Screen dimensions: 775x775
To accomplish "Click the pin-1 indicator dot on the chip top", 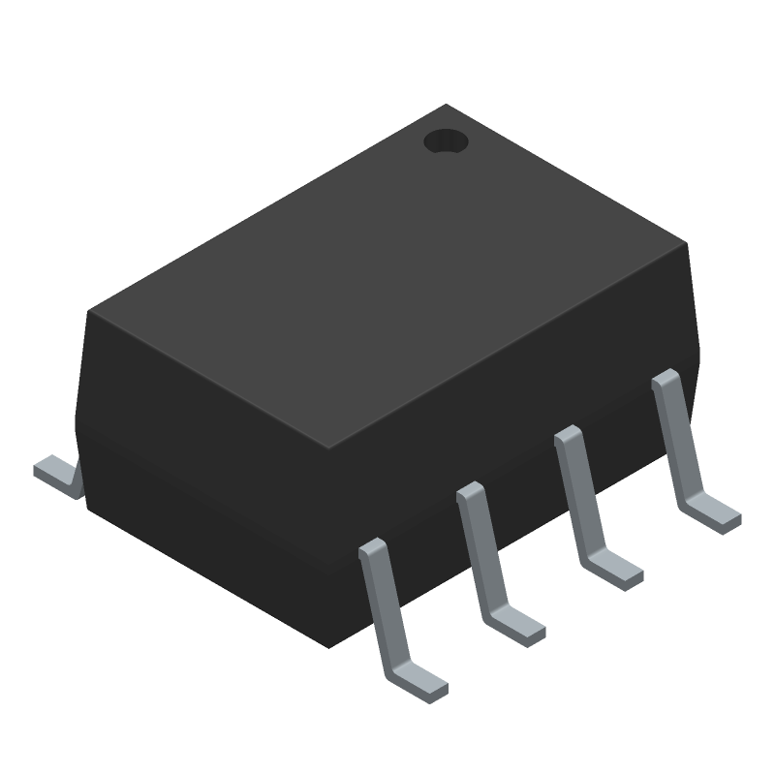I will (446, 142).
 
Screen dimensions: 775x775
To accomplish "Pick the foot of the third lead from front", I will (614, 571).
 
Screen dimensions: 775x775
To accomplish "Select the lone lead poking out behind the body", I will (56, 476).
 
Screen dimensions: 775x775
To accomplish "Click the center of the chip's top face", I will (387, 276).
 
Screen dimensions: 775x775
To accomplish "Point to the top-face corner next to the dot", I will (447, 106).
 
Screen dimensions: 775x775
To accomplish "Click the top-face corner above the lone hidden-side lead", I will (90, 311).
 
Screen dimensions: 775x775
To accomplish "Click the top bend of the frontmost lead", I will (372, 548).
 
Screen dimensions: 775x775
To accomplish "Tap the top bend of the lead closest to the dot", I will (665, 378).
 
